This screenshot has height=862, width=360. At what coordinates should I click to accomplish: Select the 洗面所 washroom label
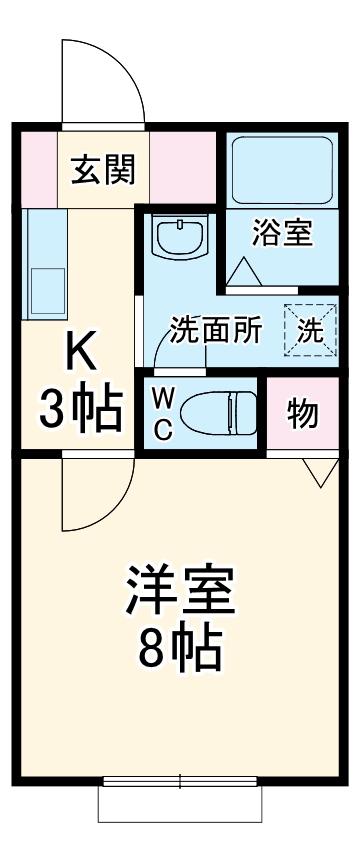pyautogui.click(x=215, y=330)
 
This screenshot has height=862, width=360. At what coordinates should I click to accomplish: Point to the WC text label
pyautogui.click(x=164, y=413)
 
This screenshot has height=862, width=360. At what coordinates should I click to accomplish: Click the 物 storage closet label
pyautogui.click(x=302, y=413)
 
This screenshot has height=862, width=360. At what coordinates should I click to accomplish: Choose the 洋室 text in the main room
pyautogui.click(x=180, y=590)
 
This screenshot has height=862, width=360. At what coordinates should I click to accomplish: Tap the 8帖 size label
pyautogui.click(x=180, y=650)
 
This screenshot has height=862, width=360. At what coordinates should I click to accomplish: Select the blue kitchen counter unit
pyautogui.click(x=44, y=262)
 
